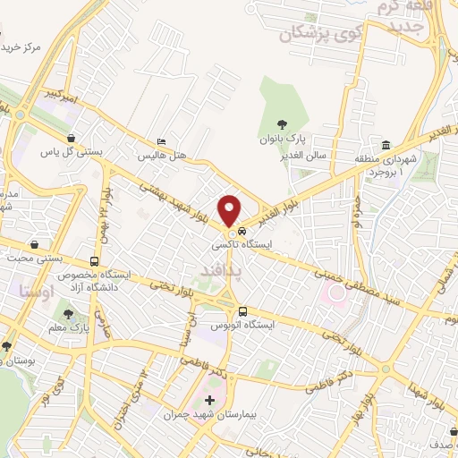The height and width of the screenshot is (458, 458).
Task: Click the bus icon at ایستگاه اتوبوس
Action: pyautogui.click(x=243, y=311)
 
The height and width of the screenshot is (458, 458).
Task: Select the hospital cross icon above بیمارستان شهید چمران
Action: pyautogui.click(x=210, y=400)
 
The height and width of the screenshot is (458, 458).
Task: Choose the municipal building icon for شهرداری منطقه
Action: pyautogui.click(x=386, y=145)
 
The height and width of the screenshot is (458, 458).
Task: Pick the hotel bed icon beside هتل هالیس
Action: pyautogui.click(x=161, y=141)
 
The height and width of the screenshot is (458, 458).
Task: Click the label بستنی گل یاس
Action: pyautogui.click(x=72, y=152)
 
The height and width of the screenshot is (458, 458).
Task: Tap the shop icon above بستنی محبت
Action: pyautogui.click(x=34, y=244)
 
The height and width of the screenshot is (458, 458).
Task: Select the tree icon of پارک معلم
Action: pyautogui.click(x=69, y=314)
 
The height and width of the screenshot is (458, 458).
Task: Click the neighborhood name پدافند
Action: pyautogui.click(x=209, y=267)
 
